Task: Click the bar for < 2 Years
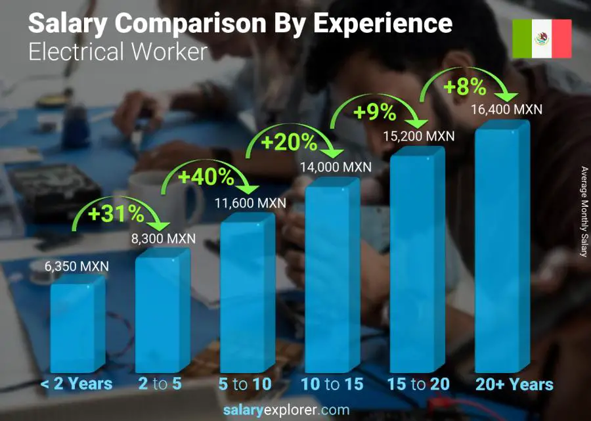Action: [77, 325]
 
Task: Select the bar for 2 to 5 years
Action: [162, 312]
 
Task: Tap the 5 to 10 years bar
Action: [246, 296]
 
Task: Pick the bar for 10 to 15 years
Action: [332, 276]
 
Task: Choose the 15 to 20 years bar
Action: [416, 263]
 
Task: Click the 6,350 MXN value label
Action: [77, 267]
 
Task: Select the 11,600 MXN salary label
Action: [250, 203]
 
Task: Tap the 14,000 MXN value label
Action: [335, 167]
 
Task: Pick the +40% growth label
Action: [206, 177]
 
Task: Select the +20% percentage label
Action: [290, 143]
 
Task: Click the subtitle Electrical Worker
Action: [118, 51]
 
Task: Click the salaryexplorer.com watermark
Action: [286, 410]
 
